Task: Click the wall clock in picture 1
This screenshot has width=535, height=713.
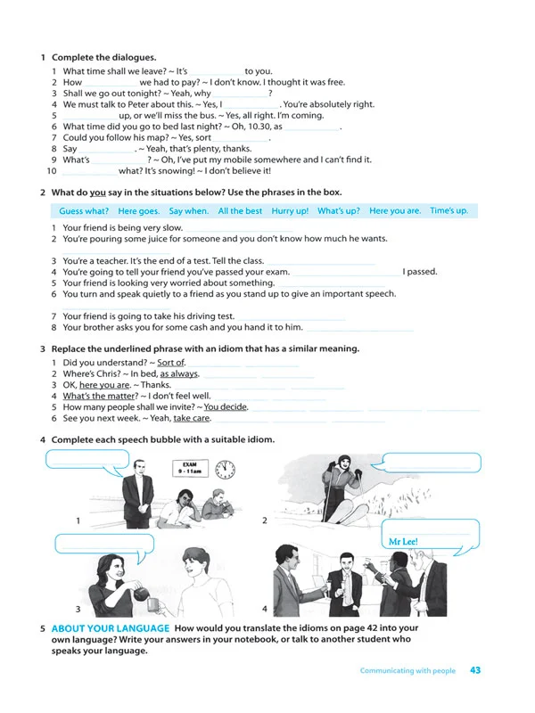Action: coord(227,469)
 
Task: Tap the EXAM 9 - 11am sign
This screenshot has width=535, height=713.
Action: coord(189,469)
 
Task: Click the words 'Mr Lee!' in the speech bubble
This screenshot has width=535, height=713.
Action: coord(404,541)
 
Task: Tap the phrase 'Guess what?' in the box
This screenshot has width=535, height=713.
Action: coord(84,211)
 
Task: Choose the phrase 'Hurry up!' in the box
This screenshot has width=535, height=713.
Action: coord(290,211)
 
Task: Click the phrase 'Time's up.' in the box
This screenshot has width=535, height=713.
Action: coord(449,211)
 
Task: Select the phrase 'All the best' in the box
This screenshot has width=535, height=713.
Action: coord(240,211)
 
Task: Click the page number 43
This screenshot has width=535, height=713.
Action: coord(475,670)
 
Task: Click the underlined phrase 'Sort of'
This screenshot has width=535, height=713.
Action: coord(170,363)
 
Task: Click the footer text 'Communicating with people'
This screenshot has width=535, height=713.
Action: coord(407,671)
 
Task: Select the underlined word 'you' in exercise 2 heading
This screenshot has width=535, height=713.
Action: coord(98,192)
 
